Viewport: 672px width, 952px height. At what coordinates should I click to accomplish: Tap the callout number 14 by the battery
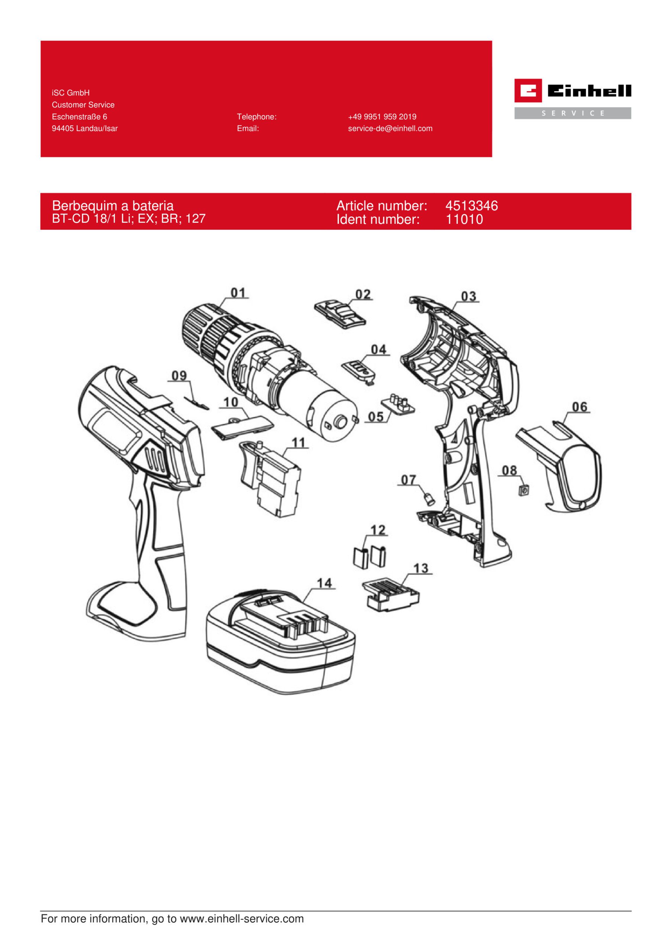[324, 583]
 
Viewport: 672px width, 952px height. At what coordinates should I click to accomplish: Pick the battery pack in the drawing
[280, 642]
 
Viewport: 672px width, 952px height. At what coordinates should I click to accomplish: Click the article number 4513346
[471, 206]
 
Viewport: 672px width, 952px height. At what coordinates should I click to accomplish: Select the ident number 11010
[464, 219]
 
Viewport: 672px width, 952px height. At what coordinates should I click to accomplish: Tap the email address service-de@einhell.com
[390, 129]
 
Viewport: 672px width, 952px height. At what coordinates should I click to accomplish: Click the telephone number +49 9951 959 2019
[382, 117]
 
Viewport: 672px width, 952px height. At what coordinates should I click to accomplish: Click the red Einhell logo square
[528, 90]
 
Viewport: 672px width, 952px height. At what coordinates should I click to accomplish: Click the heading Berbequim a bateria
[113, 206]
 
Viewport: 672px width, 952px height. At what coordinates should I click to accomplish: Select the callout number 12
[377, 530]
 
